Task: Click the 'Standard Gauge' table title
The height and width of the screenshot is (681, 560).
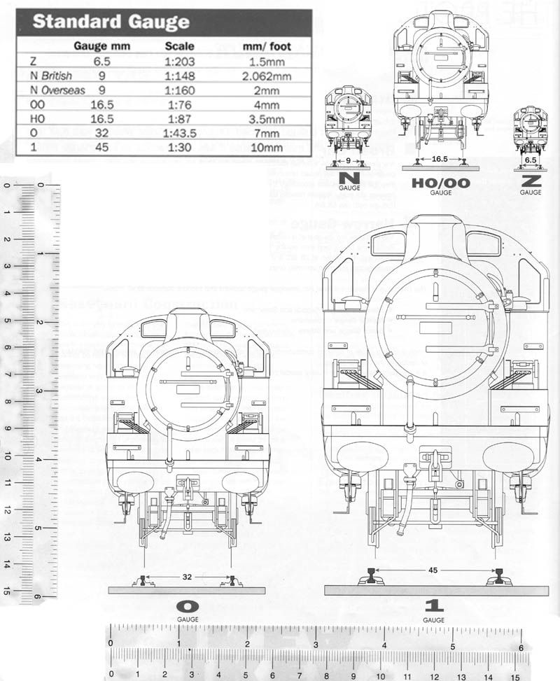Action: point(111,21)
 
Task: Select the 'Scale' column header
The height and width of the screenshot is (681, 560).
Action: point(183,46)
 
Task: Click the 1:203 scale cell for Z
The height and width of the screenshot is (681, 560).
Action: point(183,61)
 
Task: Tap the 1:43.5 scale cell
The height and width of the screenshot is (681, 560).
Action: point(183,133)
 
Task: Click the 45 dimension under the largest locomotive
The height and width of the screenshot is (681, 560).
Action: point(433,570)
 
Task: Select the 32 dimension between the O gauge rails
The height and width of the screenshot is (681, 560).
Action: point(187,578)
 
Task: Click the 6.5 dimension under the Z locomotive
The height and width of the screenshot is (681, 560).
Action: point(531,160)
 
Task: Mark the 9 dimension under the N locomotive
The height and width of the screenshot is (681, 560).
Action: point(348,160)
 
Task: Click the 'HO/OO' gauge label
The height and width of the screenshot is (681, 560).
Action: point(440,183)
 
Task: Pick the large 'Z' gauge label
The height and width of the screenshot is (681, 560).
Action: point(531,180)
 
